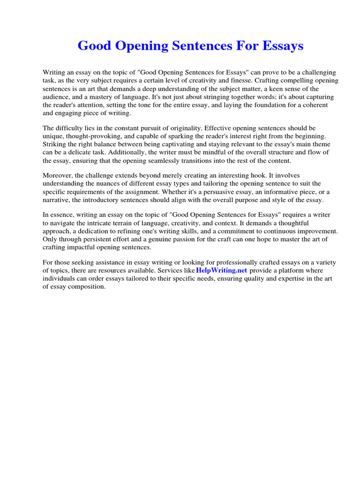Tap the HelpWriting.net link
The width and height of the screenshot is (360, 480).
coord(222,271)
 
